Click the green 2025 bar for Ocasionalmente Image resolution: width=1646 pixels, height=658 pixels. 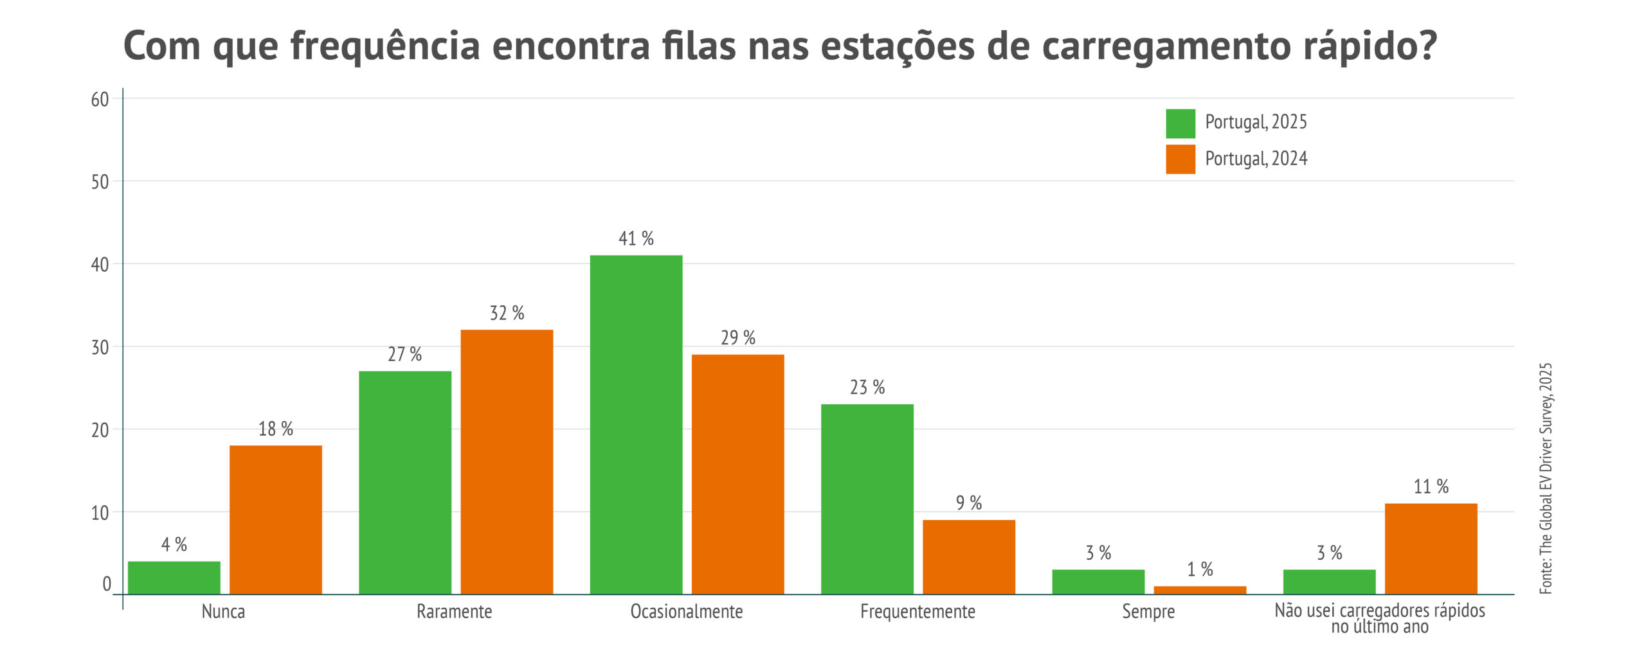(636, 424)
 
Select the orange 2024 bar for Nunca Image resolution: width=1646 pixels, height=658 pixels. (276, 519)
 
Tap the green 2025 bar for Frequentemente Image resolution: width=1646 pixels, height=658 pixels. (867, 499)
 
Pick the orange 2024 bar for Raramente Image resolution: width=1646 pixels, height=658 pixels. (507, 461)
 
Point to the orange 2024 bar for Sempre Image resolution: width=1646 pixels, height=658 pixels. (1200, 590)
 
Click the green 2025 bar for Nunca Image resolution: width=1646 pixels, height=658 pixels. (174, 577)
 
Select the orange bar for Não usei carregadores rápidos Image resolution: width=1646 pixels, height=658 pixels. (1431, 548)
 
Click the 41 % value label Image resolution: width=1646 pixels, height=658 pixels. (636, 239)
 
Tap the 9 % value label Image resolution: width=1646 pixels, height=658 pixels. (969, 503)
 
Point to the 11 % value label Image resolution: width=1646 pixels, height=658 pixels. (1431, 487)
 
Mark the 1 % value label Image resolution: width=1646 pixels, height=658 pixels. (1200, 569)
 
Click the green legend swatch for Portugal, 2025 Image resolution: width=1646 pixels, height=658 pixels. (1180, 123)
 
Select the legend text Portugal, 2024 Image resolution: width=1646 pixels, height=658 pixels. (1256, 159)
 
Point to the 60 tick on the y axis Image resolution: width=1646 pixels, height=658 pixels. (100, 100)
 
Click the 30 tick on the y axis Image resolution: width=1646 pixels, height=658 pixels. (100, 348)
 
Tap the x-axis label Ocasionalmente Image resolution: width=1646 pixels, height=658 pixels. (686, 611)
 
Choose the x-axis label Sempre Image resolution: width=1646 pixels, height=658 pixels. (1148, 611)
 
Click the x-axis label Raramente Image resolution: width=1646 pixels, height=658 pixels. (454, 611)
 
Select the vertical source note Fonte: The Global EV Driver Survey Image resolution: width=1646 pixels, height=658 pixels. (1546, 479)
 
